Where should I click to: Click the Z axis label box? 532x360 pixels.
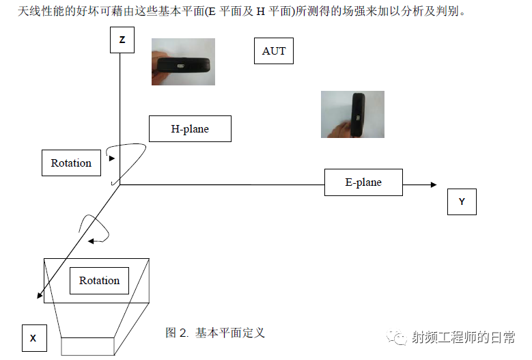(122, 40)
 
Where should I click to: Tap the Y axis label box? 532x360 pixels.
(462, 202)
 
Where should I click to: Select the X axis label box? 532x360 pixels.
(34, 338)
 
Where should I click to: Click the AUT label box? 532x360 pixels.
(274, 51)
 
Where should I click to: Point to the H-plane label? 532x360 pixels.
(190, 129)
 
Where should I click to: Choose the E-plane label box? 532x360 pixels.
(363, 182)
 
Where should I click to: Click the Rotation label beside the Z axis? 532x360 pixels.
(71, 163)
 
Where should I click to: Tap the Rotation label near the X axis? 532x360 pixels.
(100, 281)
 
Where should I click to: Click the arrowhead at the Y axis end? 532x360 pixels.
(434, 185)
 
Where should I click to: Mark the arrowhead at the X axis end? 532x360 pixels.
(40, 296)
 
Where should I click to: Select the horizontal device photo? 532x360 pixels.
(183, 61)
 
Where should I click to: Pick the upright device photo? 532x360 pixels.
(352, 114)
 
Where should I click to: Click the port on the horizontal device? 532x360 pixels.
(181, 66)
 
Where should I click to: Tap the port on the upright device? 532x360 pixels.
(358, 117)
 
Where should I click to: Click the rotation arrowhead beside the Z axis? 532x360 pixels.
(112, 158)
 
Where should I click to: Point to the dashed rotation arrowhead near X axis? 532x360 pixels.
(91, 241)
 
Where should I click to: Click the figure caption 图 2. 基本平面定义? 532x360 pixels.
(214, 333)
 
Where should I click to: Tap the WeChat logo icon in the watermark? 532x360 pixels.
(396, 337)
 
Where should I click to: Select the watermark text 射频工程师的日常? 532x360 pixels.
(464, 337)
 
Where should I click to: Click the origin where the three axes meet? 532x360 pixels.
(120, 185)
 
